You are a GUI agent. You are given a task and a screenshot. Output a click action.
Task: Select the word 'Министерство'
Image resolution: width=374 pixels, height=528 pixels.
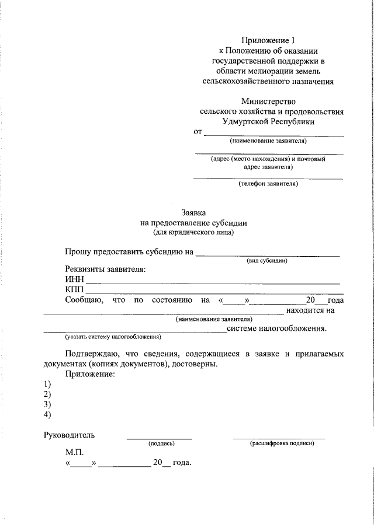point(269,101)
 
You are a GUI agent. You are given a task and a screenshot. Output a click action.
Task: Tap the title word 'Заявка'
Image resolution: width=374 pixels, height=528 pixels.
point(194,213)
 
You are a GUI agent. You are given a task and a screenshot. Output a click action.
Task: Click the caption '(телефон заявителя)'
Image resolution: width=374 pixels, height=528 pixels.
point(268,184)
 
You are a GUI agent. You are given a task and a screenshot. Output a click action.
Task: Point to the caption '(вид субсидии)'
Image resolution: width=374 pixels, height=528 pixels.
point(266,260)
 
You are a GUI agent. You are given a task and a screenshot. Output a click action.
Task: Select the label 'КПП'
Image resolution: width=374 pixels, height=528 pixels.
point(75,290)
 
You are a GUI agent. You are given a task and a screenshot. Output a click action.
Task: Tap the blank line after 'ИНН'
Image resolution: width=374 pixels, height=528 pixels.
point(213,283)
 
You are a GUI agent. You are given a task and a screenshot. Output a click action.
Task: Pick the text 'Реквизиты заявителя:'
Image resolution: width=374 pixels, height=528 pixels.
point(105,270)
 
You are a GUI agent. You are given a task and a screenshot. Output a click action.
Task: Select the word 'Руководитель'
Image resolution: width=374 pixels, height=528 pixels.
point(69,435)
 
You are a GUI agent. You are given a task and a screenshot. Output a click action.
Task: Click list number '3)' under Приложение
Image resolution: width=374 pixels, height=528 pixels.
point(47,404)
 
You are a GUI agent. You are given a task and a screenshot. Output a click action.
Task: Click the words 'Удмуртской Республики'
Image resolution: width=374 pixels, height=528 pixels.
point(268,121)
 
